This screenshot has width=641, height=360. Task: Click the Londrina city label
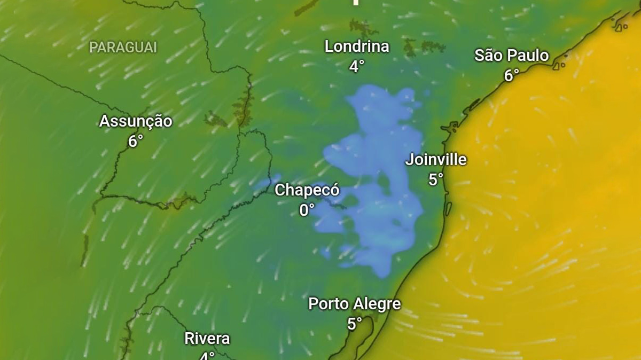(x=357, y=46)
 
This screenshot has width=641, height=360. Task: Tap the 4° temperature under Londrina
(x=357, y=66)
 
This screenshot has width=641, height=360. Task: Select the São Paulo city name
(x=511, y=56)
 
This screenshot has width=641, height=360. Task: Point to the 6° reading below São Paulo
(x=511, y=76)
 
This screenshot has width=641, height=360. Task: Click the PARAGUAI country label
(x=123, y=48)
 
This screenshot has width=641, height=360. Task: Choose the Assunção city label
(x=136, y=121)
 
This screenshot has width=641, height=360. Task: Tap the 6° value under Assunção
(x=136, y=142)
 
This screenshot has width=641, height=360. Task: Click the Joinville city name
(x=436, y=160)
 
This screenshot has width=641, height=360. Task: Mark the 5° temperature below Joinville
(x=436, y=180)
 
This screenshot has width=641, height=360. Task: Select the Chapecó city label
(x=307, y=190)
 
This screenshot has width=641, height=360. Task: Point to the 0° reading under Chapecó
(x=307, y=210)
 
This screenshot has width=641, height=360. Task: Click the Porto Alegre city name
(x=354, y=304)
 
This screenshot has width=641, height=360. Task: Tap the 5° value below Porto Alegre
(x=354, y=324)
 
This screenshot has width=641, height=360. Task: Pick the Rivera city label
(x=207, y=338)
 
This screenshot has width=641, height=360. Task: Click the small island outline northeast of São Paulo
(x=621, y=26)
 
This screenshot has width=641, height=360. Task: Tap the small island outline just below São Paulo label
(x=559, y=66)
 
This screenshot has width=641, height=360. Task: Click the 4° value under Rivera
(x=207, y=356)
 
